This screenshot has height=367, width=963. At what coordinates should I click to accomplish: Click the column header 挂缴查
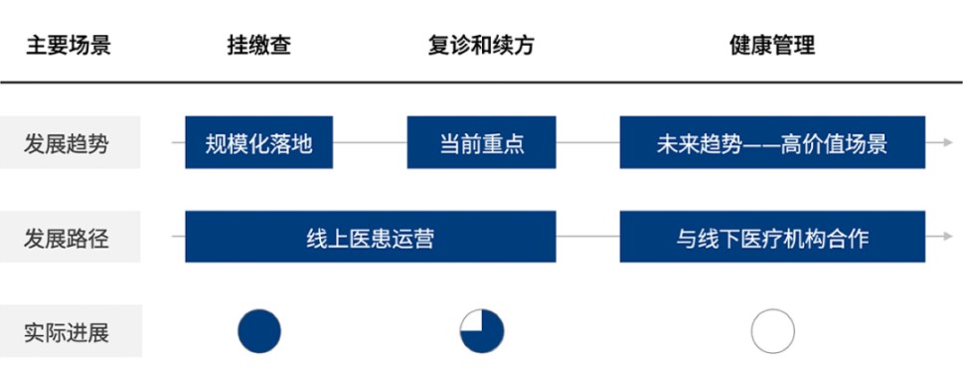tap(259, 46)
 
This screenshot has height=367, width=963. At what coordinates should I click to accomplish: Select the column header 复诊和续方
tap(481, 46)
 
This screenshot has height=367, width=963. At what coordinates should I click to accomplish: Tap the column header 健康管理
tap(772, 46)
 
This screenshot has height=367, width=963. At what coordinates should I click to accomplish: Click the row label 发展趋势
tap(69, 143)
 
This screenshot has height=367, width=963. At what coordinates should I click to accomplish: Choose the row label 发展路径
tap(69, 238)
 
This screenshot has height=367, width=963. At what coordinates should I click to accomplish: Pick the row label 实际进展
tap(69, 332)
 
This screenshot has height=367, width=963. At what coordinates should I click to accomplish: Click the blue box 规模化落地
tap(258, 143)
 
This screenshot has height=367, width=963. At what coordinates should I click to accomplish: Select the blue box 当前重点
tap(481, 143)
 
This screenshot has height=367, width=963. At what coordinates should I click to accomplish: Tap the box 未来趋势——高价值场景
tap(772, 143)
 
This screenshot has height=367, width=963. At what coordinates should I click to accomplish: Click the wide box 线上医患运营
tap(370, 238)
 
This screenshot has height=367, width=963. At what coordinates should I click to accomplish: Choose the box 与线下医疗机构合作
tap(772, 238)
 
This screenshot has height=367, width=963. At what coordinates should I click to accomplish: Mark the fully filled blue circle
tap(259, 331)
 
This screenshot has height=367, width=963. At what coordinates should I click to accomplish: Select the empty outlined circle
tap(772, 331)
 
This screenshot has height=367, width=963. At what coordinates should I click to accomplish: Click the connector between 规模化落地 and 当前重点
tap(370, 143)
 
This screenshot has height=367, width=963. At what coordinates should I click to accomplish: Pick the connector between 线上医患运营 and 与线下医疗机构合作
tap(587, 238)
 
